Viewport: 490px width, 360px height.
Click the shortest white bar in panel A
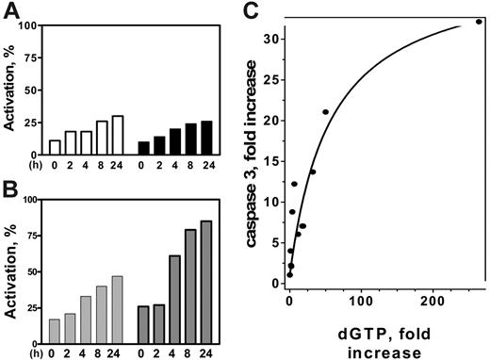pos(54,147)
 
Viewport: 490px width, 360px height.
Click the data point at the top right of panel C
pos(479,21)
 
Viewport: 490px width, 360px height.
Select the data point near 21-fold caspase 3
pos(325,112)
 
